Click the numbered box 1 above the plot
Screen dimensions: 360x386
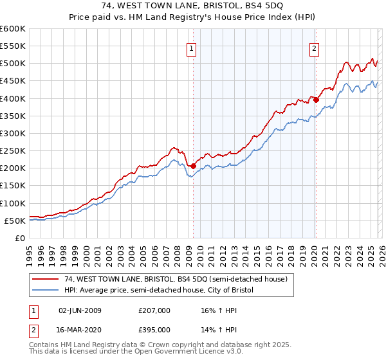pyautogui.click(x=192, y=48)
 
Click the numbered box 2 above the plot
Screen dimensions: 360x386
pyautogui.click(x=315, y=48)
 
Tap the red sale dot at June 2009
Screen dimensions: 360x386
pyautogui.click(x=193, y=166)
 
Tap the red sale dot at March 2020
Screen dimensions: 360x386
pyautogui.click(x=316, y=100)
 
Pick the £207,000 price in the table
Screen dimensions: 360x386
pyautogui.click(x=154, y=310)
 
